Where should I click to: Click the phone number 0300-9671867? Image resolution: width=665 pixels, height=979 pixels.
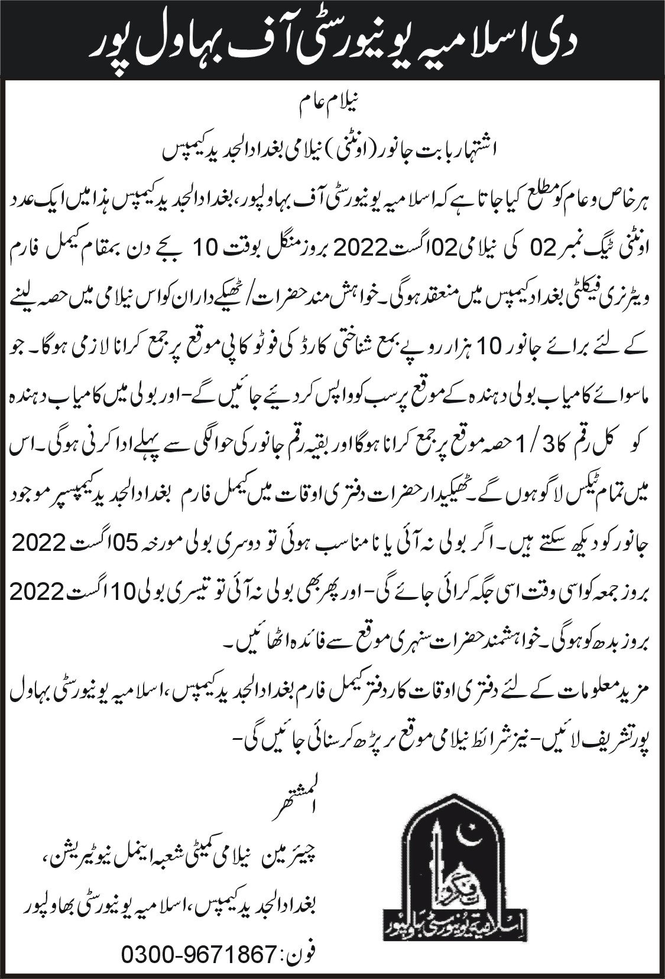point(199,954)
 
